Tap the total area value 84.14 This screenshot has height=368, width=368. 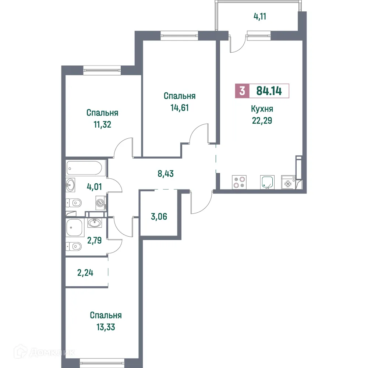pyautogui.click(x=269, y=91)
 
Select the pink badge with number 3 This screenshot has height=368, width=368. pyautogui.click(x=242, y=91)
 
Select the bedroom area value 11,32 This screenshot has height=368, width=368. pyautogui.click(x=102, y=124)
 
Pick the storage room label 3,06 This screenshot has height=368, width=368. pyautogui.click(x=159, y=216)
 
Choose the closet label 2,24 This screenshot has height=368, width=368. pyautogui.click(x=85, y=273)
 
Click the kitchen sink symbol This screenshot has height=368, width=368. pyautogui.click(x=267, y=182)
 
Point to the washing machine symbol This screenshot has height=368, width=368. pyautogui.click(x=100, y=203)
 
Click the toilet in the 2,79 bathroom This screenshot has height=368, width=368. pyautogui.click(x=74, y=245)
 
